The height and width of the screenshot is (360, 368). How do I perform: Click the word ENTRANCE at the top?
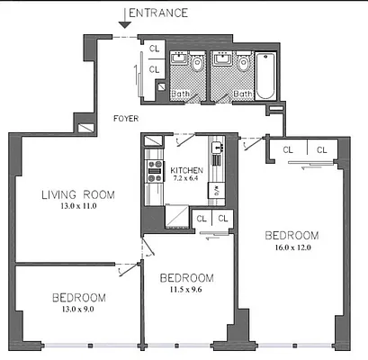(x=159, y=13)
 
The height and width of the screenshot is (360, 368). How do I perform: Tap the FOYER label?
(x=126, y=118)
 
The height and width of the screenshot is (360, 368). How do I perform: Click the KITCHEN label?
(x=188, y=170)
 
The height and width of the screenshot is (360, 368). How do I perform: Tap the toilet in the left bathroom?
(x=200, y=63)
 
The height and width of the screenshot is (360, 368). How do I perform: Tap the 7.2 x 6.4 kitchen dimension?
(x=188, y=179)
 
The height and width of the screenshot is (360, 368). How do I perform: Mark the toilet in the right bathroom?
(x=242, y=63)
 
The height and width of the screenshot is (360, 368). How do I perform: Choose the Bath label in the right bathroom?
(x=243, y=93)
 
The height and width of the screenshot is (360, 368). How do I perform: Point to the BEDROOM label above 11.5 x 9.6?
(x=186, y=277)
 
